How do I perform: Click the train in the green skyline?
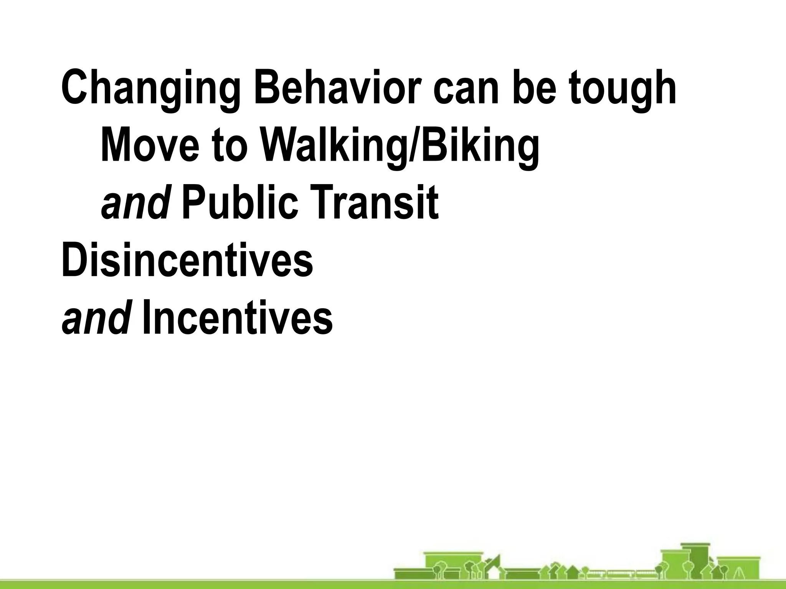[620, 574]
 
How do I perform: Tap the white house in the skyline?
[494, 574]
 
